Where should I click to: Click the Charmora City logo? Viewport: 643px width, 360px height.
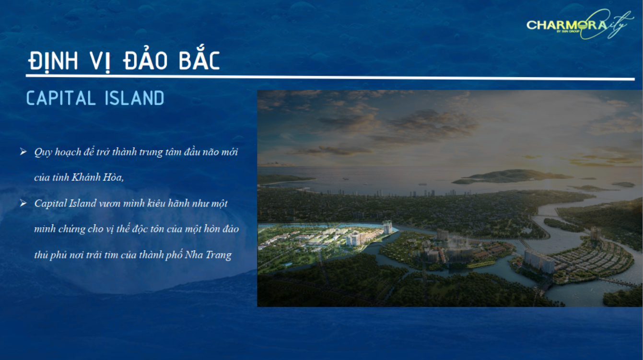point(580,24)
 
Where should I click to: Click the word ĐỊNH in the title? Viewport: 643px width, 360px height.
point(53,60)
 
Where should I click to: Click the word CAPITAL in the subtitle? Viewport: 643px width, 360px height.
point(61,98)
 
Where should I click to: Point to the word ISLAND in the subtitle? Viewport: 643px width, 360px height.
point(135,98)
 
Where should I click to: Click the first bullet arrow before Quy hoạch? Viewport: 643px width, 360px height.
point(23,151)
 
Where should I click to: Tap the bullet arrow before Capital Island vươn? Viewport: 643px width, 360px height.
point(23,203)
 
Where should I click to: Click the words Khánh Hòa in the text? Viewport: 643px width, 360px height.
point(98,177)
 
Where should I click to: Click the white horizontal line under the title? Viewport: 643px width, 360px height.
point(330,78)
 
